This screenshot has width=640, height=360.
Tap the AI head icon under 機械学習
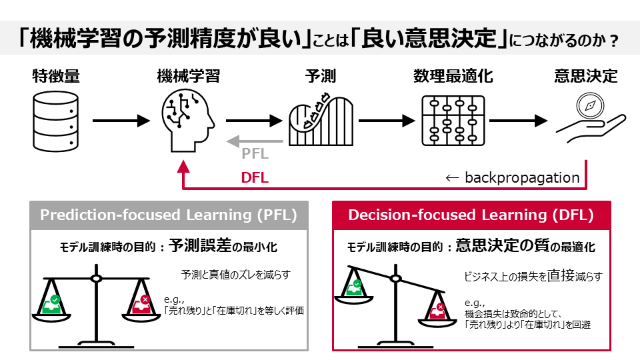187,121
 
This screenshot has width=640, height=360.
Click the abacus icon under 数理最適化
452,121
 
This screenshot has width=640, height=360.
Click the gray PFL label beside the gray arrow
255,154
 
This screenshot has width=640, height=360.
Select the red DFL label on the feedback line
255,178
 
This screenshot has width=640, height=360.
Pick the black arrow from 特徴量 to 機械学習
120,121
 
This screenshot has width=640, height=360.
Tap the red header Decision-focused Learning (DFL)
471,215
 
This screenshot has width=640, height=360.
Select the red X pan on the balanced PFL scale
141,305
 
